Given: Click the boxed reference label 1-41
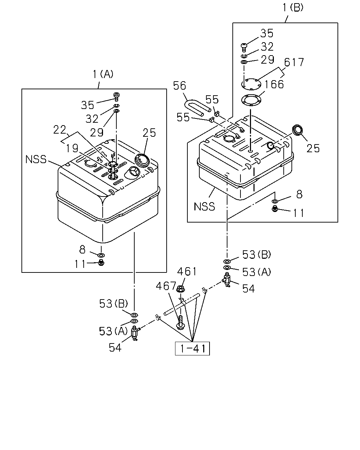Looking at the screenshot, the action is [192, 349].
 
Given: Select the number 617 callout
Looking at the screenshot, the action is [294, 62].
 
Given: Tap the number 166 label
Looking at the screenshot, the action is [274, 84].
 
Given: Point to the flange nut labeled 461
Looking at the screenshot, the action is [180, 289].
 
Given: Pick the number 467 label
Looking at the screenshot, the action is [166, 285].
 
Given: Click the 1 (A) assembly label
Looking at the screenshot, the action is [103, 74].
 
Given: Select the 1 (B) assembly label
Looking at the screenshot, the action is [293, 8].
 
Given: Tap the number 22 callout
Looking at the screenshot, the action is [60, 130].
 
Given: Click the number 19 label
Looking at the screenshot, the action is [72, 148].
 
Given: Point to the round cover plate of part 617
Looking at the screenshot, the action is [251, 84].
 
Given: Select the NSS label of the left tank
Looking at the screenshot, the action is [36, 159].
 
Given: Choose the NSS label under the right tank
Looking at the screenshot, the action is [204, 207].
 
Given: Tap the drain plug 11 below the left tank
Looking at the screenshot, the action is [101, 262].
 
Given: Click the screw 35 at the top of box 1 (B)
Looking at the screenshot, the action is [244, 47].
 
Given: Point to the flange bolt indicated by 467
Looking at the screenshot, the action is [180, 324].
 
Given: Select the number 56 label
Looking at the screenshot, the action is [180, 86].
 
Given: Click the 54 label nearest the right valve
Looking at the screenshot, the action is [248, 289].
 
